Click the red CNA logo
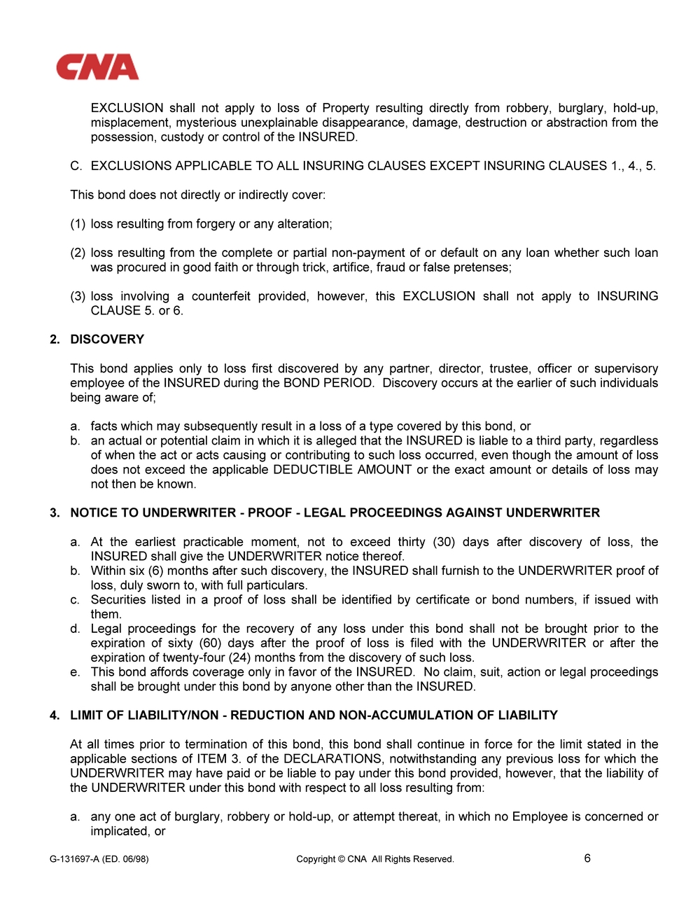pyautogui.click(x=97, y=67)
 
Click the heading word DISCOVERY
pyautogui.click(x=107, y=340)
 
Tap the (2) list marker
pyautogui.click(x=78, y=253)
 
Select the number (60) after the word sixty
pyautogui.click(x=200, y=643)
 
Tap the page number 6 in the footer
pyautogui.click(x=587, y=858)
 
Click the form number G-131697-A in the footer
pyautogui.click(x=74, y=859)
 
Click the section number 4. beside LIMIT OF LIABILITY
pyautogui.click(x=55, y=716)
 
